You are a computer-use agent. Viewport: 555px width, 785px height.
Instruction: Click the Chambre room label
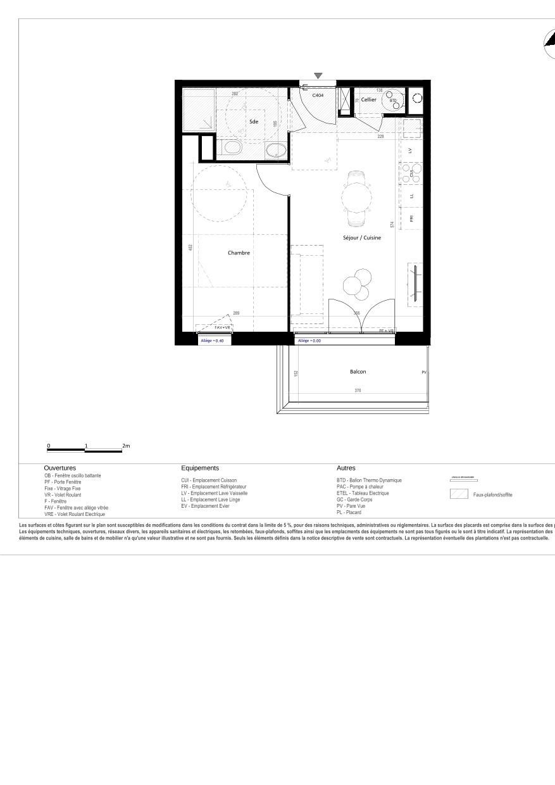click(x=239, y=253)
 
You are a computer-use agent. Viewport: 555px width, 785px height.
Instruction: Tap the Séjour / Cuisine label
click(x=362, y=237)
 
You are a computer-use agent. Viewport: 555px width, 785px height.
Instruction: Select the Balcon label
click(x=358, y=372)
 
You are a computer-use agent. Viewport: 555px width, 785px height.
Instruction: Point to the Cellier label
click(x=368, y=99)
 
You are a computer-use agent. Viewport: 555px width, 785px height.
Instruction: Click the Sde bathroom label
click(x=253, y=121)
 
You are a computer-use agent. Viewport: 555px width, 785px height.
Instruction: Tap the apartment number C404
click(x=318, y=95)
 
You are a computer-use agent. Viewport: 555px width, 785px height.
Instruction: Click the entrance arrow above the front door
click(x=318, y=76)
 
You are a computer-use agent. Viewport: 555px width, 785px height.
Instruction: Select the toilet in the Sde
click(x=275, y=150)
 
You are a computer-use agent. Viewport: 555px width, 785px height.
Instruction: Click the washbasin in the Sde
click(x=232, y=149)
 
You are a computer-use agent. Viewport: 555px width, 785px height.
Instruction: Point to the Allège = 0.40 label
click(x=212, y=341)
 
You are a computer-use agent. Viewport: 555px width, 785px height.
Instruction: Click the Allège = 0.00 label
click(x=309, y=341)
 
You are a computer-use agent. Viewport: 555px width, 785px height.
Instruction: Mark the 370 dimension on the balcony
click(x=358, y=391)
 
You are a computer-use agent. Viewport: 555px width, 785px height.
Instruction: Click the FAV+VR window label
click(x=223, y=327)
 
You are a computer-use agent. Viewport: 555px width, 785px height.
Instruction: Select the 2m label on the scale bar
click(x=126, y=446)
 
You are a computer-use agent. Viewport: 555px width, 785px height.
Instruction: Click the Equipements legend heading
click(x=200, y=468)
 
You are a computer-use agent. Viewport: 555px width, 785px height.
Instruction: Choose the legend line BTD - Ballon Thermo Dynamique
click(x=369, y=480)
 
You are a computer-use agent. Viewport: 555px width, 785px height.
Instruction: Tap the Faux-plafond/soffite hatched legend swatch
click(x=459, y=494)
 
